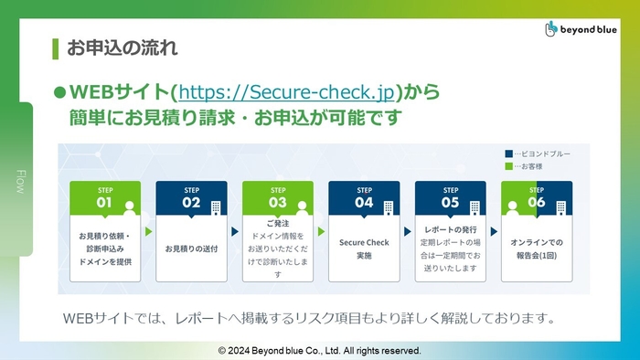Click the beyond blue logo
click(581, 29)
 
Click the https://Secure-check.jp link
click(286, 91)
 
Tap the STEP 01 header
click(105, 197)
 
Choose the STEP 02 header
click(191, 197)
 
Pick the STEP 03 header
click(277, 197)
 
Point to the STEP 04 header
click(364, 197)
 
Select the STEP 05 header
click(450, 197)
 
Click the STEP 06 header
click(536, 197)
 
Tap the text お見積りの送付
click(191, 249)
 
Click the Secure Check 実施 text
click(364, 249)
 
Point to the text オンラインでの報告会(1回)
click(537, 249)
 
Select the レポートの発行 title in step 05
click(450, 230)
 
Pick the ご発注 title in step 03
click(277, 223)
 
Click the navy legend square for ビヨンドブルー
click(508, 154)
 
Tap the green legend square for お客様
click(508, 167)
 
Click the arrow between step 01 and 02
click(148, 232)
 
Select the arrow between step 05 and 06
click(494, 232)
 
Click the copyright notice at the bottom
click(319, 350)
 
